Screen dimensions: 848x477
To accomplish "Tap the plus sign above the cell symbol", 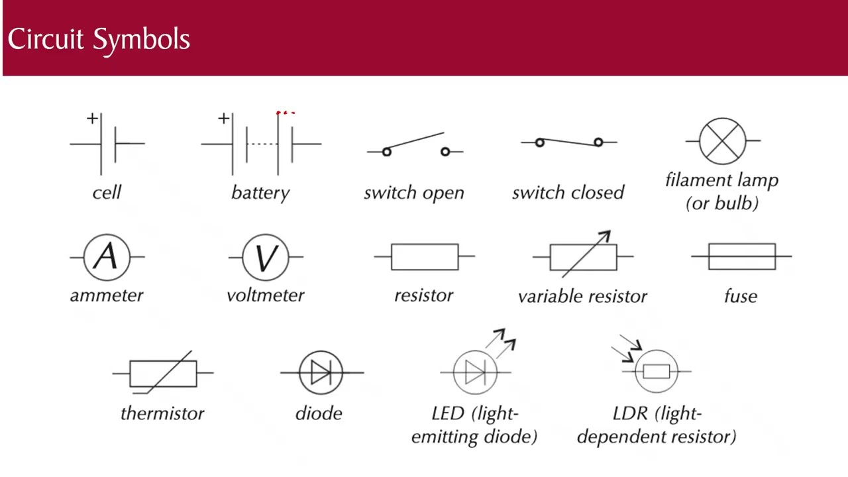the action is pos(92,119).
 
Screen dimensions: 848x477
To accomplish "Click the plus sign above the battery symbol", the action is pos(224,119).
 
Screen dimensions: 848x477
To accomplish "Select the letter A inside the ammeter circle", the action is pos(106,256).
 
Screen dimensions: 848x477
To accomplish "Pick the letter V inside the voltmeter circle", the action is pos(266,258).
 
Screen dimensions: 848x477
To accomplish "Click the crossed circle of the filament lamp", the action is pos(722,141).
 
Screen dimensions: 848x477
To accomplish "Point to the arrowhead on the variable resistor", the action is pos(605,236).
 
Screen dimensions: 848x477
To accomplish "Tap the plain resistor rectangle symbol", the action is pos(425,256).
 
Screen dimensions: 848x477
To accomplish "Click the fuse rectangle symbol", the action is pos(742,256).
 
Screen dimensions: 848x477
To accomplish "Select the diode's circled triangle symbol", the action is pos(321,372).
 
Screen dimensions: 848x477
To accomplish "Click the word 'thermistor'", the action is pos(162,413).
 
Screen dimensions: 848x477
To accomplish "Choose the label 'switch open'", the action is pos(414,193).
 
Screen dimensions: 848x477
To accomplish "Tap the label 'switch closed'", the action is pos(568,192).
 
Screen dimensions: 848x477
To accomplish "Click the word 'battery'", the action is pos(260,193).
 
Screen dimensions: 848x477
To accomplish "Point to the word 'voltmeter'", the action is pos(266,295).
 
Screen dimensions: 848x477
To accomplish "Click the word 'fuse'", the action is pos(741,295).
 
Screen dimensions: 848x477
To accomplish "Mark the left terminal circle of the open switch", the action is pos(386,152).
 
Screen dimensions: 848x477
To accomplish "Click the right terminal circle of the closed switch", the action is pos(598,142).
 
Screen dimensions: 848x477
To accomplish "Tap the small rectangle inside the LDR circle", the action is pos(657,372).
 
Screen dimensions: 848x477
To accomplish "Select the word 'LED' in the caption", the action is pos(448,413).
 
